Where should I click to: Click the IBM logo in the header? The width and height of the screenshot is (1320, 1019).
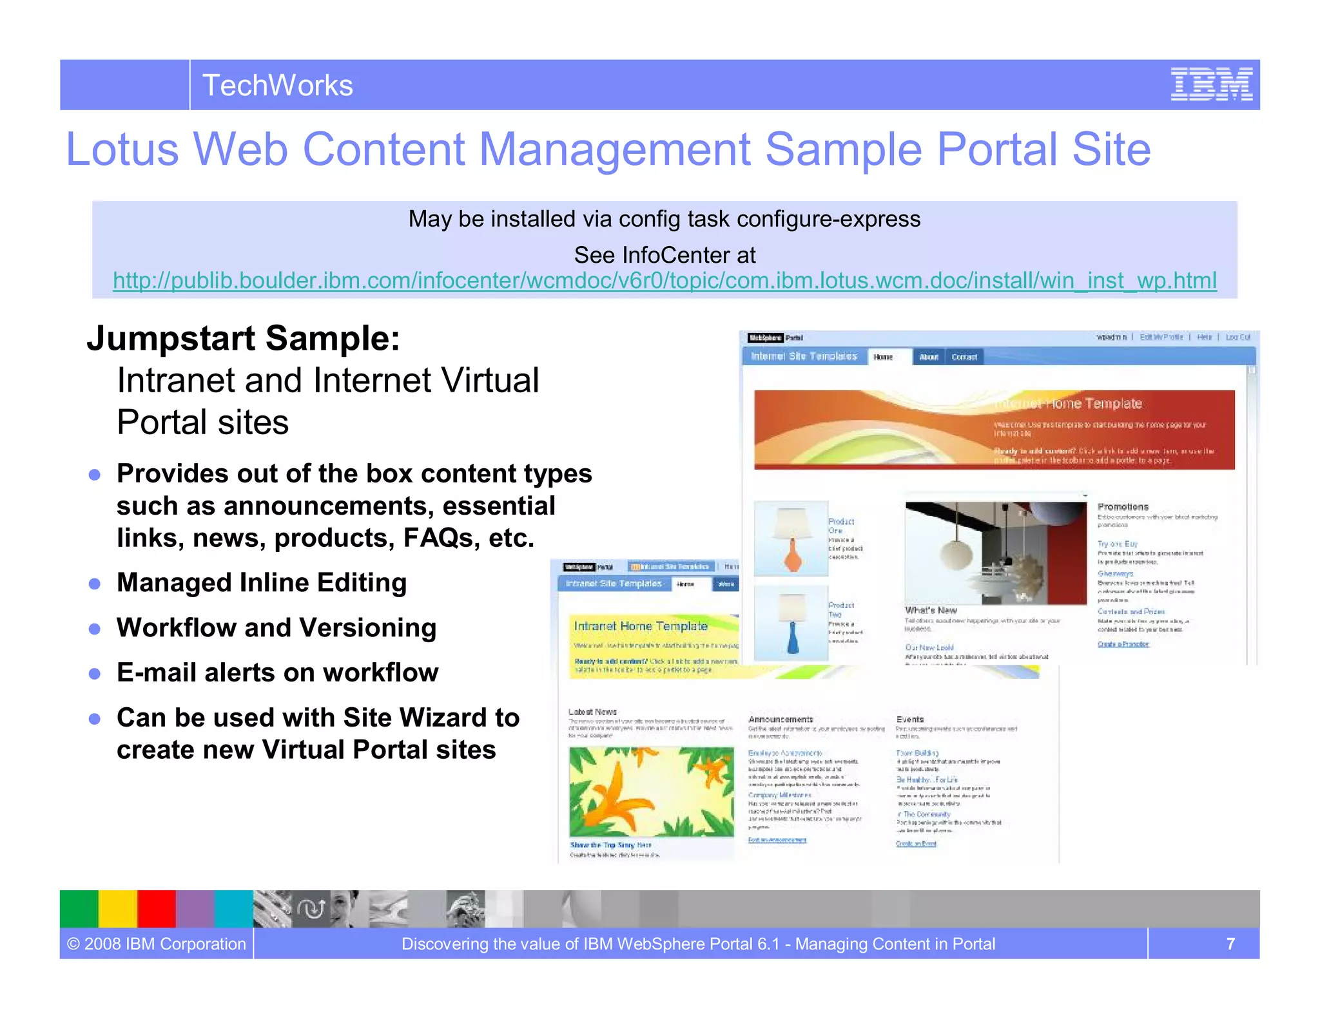(1211, 84)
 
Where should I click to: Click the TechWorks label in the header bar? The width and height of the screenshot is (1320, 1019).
(277, 85)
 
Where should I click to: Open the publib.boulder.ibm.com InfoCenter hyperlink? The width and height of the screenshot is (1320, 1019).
(665, 281)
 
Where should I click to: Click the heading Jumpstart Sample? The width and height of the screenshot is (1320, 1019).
(244, 338)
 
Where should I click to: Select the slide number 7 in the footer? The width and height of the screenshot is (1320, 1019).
(1230, 944)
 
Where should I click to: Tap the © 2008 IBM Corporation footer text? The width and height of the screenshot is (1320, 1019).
(157, 944)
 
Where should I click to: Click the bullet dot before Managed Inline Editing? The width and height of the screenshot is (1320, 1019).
(95, 584)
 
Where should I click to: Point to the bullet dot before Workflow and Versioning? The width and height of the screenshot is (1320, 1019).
(95, 629)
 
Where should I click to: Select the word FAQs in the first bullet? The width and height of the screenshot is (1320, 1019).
(442, 538)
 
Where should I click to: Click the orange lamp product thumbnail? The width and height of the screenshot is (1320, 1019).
(791, 538)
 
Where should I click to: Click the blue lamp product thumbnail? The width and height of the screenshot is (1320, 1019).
(791, 623)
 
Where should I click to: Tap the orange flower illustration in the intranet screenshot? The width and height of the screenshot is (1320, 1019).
(651, 792)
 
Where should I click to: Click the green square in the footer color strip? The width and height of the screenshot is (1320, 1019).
(79, 909)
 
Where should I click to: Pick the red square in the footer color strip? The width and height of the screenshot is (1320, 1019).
(156, 909)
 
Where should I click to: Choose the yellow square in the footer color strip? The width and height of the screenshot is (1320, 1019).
(117, 909)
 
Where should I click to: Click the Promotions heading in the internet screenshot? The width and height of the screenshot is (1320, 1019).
(1123, 507)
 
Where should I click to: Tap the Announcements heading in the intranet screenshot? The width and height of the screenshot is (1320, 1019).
(781, 719)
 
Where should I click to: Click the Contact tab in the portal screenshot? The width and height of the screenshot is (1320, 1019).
(964, 357)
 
